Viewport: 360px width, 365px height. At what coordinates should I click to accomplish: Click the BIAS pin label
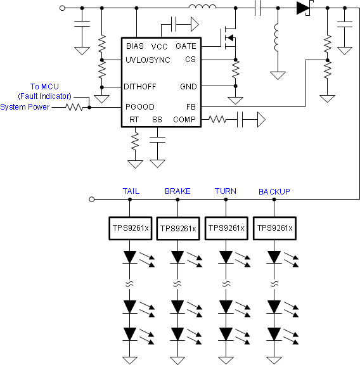point(135,46)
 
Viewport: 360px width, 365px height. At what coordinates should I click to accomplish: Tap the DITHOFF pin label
point(140,86)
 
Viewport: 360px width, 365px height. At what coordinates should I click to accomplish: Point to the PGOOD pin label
point(139,107)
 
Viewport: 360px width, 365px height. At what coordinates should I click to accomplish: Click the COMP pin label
point(184,120)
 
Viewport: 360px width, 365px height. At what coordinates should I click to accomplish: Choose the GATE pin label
point(186,46)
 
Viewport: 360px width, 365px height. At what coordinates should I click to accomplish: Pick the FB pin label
point(191,107)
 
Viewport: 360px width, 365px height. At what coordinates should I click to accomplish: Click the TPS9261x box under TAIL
point(129,228)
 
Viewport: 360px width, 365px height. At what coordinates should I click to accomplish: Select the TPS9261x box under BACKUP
point(274,228)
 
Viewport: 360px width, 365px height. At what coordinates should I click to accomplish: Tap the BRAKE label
point(177,191)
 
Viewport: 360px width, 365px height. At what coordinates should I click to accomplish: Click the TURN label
point(226,191)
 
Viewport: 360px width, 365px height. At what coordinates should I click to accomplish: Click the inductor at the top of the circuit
point(202,8)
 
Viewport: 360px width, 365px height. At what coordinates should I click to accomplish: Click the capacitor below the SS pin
point(157,139)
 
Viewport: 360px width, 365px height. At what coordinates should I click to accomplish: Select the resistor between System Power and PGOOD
point(75,107)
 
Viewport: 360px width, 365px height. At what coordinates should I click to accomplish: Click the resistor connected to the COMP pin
point(218,119)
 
